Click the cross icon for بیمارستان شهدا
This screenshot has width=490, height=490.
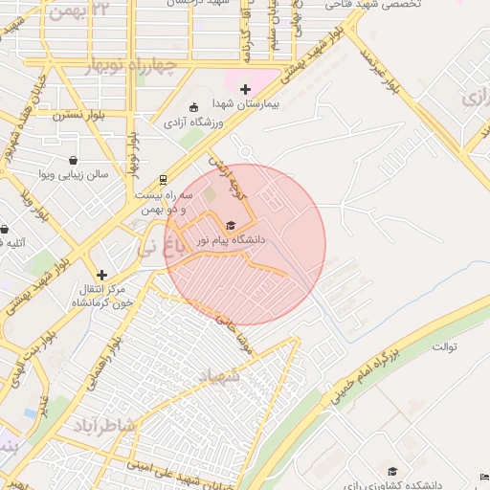(x=246, y=89)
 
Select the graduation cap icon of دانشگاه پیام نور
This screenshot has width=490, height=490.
(x=230, y=225)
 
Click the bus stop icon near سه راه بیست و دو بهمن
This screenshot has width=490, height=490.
(x=164, y=178)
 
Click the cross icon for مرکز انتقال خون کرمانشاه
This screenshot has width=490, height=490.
(x=101, y=275)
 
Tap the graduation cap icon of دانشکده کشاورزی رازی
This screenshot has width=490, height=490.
(x=391, y=471)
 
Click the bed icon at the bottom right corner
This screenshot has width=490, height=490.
(x=482, y=477)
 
